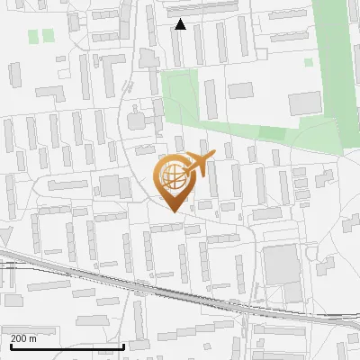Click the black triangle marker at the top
181,24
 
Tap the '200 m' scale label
24,338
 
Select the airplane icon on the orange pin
197,166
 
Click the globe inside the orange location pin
172,177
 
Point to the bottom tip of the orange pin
171,212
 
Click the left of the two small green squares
34,36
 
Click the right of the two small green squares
49,35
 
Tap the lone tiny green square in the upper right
309,63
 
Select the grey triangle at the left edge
4,236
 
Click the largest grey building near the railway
282,263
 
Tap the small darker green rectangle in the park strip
272,132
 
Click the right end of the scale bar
123,346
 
